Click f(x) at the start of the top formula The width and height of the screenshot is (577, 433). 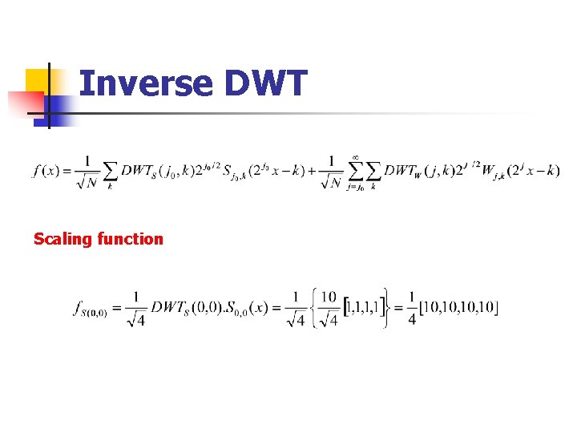[48, 171]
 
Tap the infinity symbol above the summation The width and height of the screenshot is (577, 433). [355, 157]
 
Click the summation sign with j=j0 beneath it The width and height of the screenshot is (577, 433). [355, 172]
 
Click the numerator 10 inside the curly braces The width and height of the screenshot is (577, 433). [328, 297]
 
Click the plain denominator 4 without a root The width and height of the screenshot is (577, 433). [412, 319]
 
